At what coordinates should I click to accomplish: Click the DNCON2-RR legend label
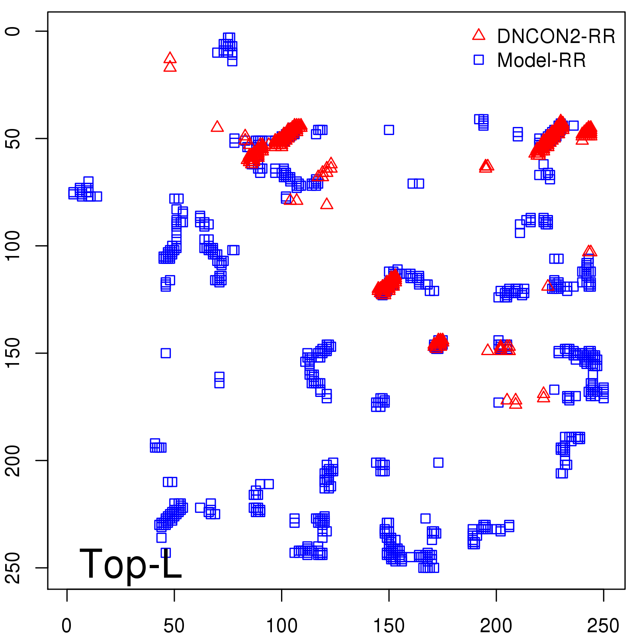click(556, 37)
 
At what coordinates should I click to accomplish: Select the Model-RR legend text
click(541, 61)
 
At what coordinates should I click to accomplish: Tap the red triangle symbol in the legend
click(479, 35)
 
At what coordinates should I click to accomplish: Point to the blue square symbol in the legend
click(479, 60)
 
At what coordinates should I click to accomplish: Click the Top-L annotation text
click(131, 564)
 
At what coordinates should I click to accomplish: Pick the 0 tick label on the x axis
click(67, 626)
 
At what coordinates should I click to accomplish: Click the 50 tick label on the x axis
click(174, 626)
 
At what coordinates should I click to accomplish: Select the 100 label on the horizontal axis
click(281, 626)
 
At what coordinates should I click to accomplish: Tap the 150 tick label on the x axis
click(389, 626)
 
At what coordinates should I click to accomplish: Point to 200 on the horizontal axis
click(496, 626)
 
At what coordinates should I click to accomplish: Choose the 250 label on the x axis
click(603, 626)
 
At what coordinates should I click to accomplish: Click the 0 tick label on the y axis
click(14, 31)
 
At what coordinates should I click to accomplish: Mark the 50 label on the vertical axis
click(14, 139)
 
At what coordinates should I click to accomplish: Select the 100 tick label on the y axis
click(14, 246)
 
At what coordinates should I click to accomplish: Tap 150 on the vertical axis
click(14, 353)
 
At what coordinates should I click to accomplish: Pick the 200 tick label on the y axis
click(14, 460)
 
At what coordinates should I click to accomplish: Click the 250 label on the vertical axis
click(14, 568)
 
